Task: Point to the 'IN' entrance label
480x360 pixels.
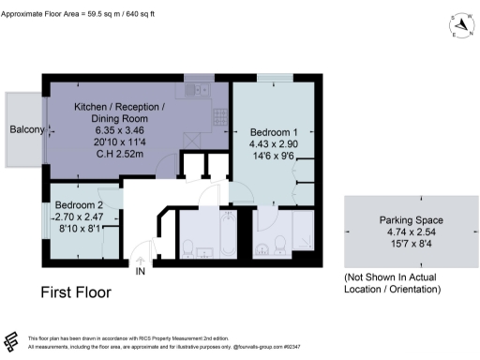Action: pyautogui.click(x=141, y=272)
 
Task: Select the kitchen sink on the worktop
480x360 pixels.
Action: pyautogui.click(x=199, y=90)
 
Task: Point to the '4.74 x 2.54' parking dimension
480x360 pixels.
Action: pyautogui.click(x=391, y=232)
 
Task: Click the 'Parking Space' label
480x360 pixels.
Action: pyautogui.click(x=391, y=220)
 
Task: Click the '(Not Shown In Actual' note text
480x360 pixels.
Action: pyautogui.click(x=391, y=277)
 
